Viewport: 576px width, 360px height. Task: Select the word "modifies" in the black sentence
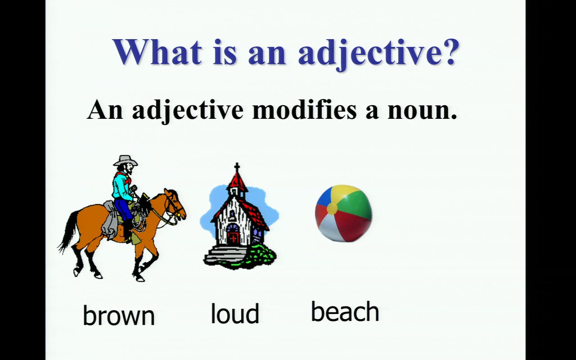tap(305, 110)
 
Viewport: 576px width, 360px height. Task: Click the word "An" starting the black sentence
tap(105, 110)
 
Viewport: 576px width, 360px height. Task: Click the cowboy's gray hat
tap(125, 161)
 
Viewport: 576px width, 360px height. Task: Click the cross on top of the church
tap(237, 168)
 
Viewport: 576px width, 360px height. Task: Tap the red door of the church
tap(234, 238)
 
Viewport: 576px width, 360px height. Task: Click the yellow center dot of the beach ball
tap(332, 208)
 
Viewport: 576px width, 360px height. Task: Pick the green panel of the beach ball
tap(354, 203)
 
